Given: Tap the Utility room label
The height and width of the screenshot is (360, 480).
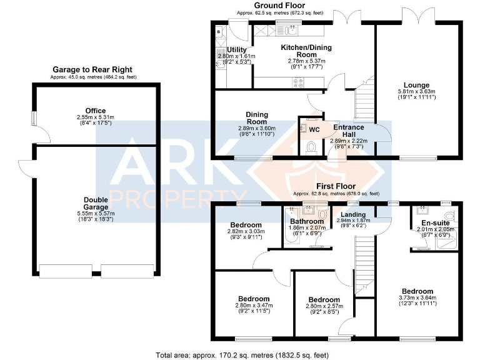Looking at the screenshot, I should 237,49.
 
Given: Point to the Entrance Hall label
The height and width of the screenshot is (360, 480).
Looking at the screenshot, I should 349,131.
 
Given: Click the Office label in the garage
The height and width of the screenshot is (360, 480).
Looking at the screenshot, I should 96,110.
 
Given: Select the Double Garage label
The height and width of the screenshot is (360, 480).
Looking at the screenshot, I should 96,203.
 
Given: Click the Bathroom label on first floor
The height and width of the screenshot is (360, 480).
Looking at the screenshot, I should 307,221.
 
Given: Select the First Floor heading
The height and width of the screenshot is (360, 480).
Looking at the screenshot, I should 336,186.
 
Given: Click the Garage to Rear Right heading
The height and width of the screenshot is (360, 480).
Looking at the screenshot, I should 92,69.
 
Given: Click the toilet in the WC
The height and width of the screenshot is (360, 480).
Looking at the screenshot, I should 313,147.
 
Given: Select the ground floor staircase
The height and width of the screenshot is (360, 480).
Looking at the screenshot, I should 363,106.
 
